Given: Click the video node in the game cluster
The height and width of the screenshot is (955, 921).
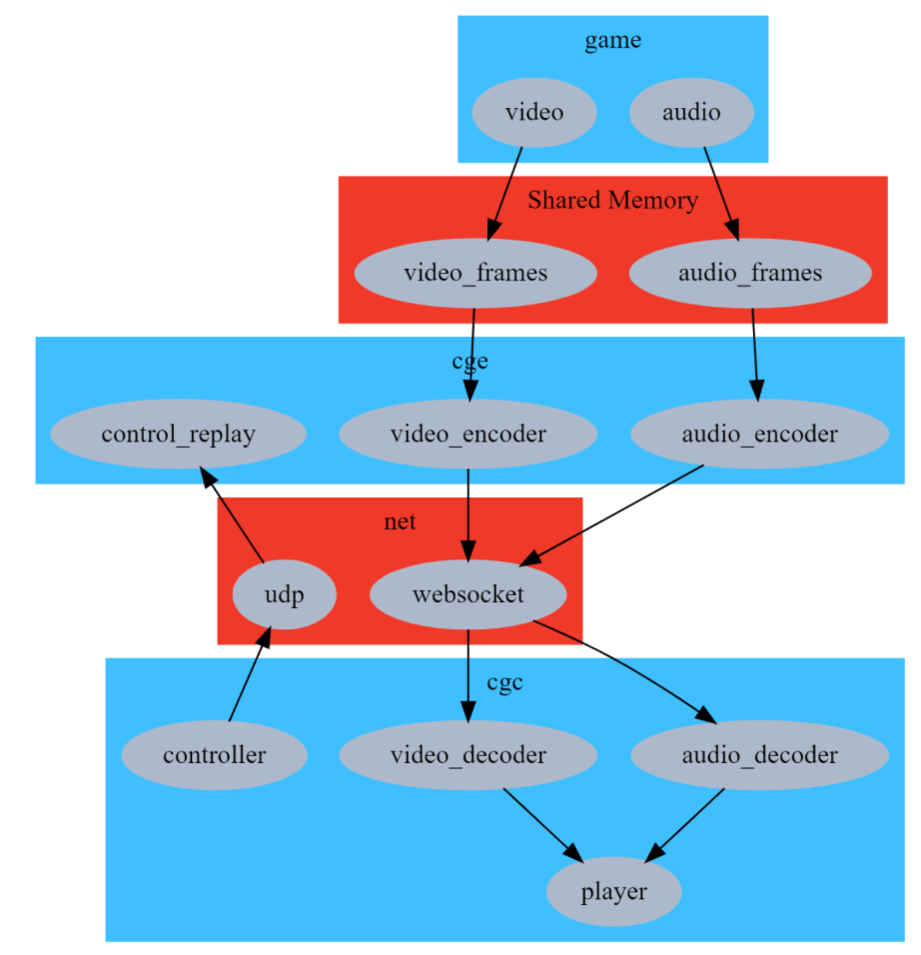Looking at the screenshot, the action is pyautogui.click(x=534, y=112).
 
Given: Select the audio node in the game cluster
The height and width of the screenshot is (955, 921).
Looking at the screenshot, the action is pyautogui.click(x=691, y=112).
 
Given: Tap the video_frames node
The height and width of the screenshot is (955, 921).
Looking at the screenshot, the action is pyautogui.click(x=475, y=273).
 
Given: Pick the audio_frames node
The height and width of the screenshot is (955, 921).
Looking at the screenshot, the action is pyautogui.click(x=750, y=273).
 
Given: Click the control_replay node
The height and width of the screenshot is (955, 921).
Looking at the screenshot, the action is pyautogui.click(x=178, y=434).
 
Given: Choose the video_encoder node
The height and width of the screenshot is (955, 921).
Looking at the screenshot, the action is pyautogui.click(x=467, y=434).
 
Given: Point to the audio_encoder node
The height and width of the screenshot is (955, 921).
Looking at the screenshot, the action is pyautogui.click(x=759, y=434).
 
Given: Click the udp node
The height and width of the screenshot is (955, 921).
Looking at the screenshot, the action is pyautogui.click(x=284, y=594).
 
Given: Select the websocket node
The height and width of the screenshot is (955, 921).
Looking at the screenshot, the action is pyautogui.click(x=467, y=594).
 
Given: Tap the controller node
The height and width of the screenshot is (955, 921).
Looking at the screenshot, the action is pyautogui.click(x=215, y=755).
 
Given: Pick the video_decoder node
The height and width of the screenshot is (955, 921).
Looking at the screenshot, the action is pyautogui.click(x=467, y=755).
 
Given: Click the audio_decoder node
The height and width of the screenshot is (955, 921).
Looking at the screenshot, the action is pyautogui.click(x=759, y=755).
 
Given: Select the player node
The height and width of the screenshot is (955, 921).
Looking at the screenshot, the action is pyautogui.click(x=613, y=892).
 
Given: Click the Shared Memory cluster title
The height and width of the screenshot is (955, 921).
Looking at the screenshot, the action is pyautogui.click(x=612, y=200).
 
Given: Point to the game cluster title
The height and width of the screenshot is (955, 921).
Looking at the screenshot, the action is pyautogui.click(x=612, y=40).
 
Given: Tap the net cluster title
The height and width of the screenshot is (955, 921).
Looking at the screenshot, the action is pyautogui.click(x=400, y=521).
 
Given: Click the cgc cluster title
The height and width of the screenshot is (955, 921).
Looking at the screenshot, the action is pyautogui.click(x=504, y=682).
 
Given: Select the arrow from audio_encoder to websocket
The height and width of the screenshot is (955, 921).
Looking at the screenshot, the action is pyautogui.click(x=611, y=515).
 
